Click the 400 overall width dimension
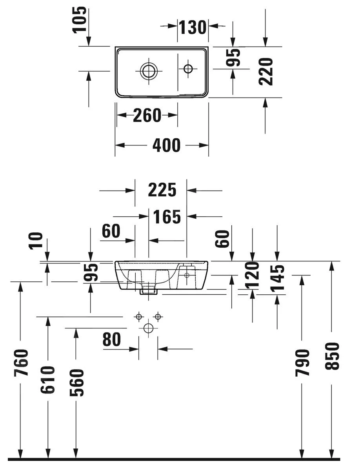tap(166, 145)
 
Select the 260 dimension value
tap(147, 116)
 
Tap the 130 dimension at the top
tap(193, 27)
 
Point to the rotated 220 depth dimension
tap(266, 71)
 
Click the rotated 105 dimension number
tap(80, 19)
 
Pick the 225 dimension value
tap(162, 190)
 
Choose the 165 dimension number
tap(167, 217)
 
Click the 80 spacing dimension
tap(112, 340)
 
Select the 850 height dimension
tap(332, 356)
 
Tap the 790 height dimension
tap(302, 363)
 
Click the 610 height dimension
tap(48, 379)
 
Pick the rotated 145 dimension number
tap(278, 277)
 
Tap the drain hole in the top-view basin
tap(149, 71)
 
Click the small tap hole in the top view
tap(188, 69)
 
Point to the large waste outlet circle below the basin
tap(148, 328)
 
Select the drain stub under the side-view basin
tap(149, 290)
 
